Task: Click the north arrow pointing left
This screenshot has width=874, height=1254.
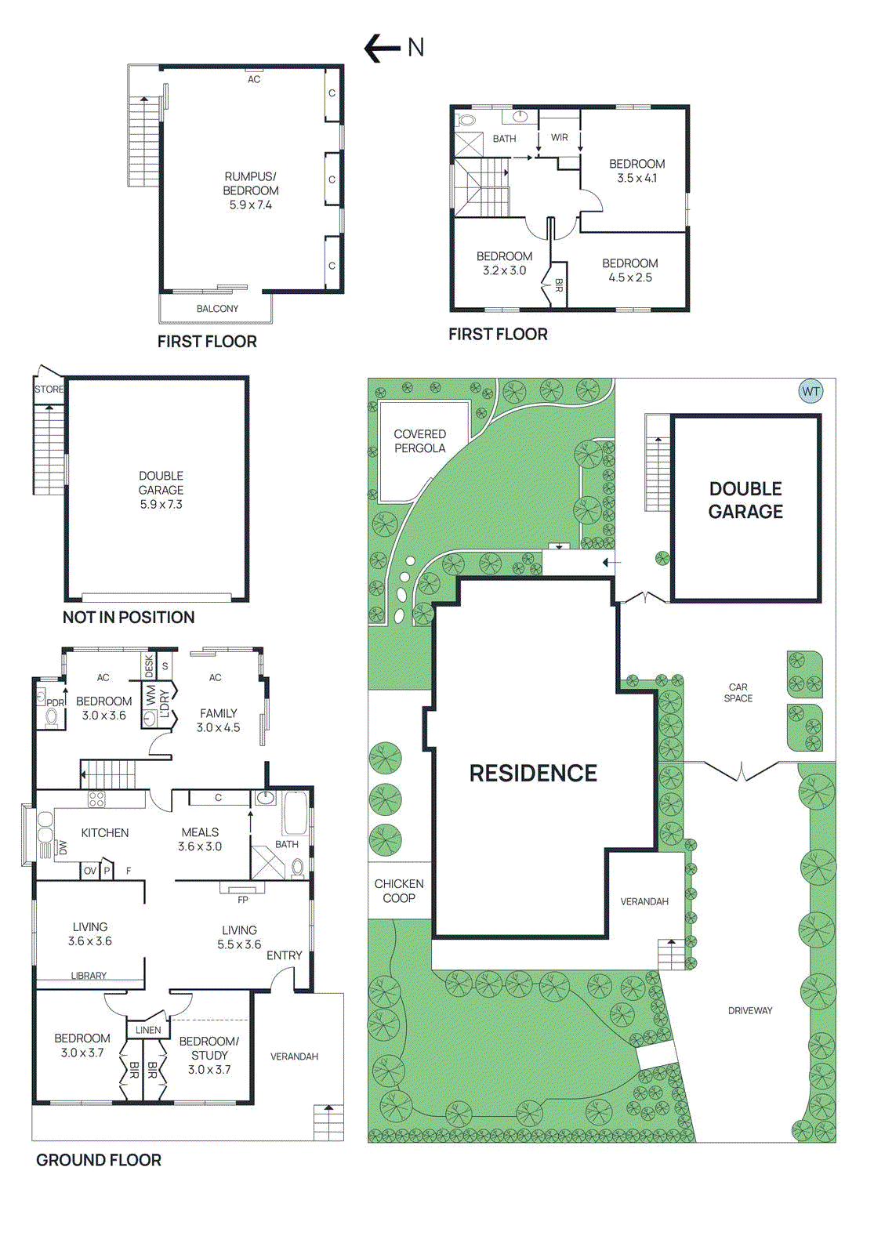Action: click(x=383, y=48)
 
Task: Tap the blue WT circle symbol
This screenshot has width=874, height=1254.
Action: click(x=811, y=391)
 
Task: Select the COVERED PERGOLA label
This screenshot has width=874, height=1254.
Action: click(x=419, y=441)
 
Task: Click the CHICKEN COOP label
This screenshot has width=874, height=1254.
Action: click(x=399, y=891)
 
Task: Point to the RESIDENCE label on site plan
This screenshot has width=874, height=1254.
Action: click(x=533, y=774)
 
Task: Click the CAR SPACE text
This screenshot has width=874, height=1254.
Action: click(x=738, y=693)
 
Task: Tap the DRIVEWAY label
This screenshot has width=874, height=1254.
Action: click(x=750, y=1011)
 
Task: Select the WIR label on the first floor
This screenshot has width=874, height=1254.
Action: click(x=559, y=138)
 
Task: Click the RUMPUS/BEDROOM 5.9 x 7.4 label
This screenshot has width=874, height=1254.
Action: click(x=251, y=190)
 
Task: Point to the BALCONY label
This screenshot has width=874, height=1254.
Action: click(x=217, y=309)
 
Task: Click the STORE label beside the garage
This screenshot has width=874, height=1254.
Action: click(x=49, y=390)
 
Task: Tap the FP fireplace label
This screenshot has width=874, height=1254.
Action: click(x=243, y=900)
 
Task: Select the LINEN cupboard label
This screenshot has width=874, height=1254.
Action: click(x=148, y=1031)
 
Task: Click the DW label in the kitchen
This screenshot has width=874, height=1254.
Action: click(x=63, y=848)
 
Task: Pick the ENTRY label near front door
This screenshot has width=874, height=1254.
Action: click(x=284, y=955)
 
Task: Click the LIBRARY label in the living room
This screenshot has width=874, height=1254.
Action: click(x=89, y=976)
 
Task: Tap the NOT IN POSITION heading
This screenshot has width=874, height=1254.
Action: click(x=129, y=618)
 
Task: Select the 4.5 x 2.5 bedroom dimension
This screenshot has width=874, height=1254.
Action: click(x=630, y=277)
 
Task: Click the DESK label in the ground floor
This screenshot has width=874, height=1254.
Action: click(x=149, y=666)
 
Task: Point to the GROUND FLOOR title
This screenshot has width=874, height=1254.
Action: click(x=99, y=1160)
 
